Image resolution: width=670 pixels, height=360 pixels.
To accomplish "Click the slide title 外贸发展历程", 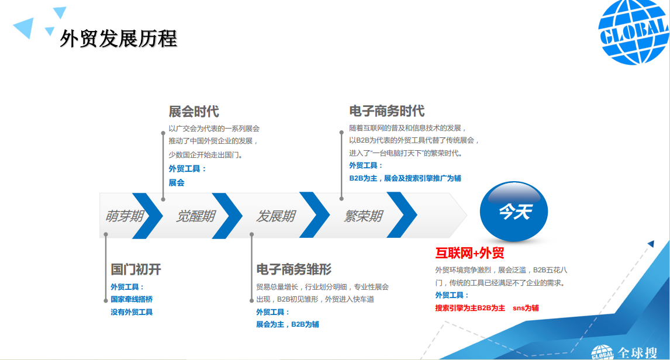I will point(119,39).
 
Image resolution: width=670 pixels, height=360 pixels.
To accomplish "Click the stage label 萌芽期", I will point(123,216).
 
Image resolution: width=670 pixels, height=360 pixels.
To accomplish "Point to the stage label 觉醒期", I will point(195,216).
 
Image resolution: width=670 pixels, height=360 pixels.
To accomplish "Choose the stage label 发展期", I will point(275,216).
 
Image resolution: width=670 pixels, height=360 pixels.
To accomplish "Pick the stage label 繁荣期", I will point(363,216).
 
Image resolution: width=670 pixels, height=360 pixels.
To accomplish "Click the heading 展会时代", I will point(194,112).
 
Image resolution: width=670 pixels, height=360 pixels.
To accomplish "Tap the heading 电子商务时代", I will point(386,112).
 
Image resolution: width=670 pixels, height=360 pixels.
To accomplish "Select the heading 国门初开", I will point(136,269).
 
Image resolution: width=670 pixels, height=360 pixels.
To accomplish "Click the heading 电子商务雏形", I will point(293,269).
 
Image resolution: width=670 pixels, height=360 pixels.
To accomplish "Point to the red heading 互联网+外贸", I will point(469,253).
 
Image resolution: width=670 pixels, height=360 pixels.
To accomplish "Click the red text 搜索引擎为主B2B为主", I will point(470,308).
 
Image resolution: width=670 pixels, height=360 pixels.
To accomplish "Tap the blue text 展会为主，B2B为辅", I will point(287,324).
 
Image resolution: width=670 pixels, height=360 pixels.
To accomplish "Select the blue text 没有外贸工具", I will point(132,312).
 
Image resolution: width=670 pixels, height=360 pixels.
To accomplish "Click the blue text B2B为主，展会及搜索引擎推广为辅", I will point(405,178).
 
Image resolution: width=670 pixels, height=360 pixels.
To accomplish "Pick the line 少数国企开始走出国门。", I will point(206,155).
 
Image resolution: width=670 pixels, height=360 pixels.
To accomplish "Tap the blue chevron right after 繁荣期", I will point(403,216).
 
